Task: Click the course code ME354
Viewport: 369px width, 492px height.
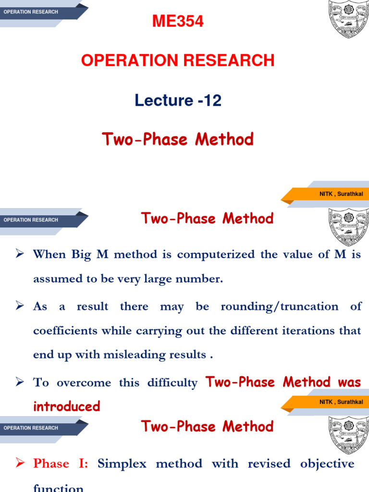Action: pos(178,22)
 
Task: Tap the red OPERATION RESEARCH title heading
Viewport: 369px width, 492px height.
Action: pos(178,61)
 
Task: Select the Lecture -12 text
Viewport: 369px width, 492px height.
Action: pos(178,100)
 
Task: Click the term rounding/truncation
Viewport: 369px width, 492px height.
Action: pos(279,307)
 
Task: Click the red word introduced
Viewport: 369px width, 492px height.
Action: pos(66,406)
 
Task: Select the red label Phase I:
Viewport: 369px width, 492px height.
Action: pos(61,464)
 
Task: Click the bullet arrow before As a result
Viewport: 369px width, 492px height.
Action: pos(20,306)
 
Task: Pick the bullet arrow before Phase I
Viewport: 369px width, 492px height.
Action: pos(20,463)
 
